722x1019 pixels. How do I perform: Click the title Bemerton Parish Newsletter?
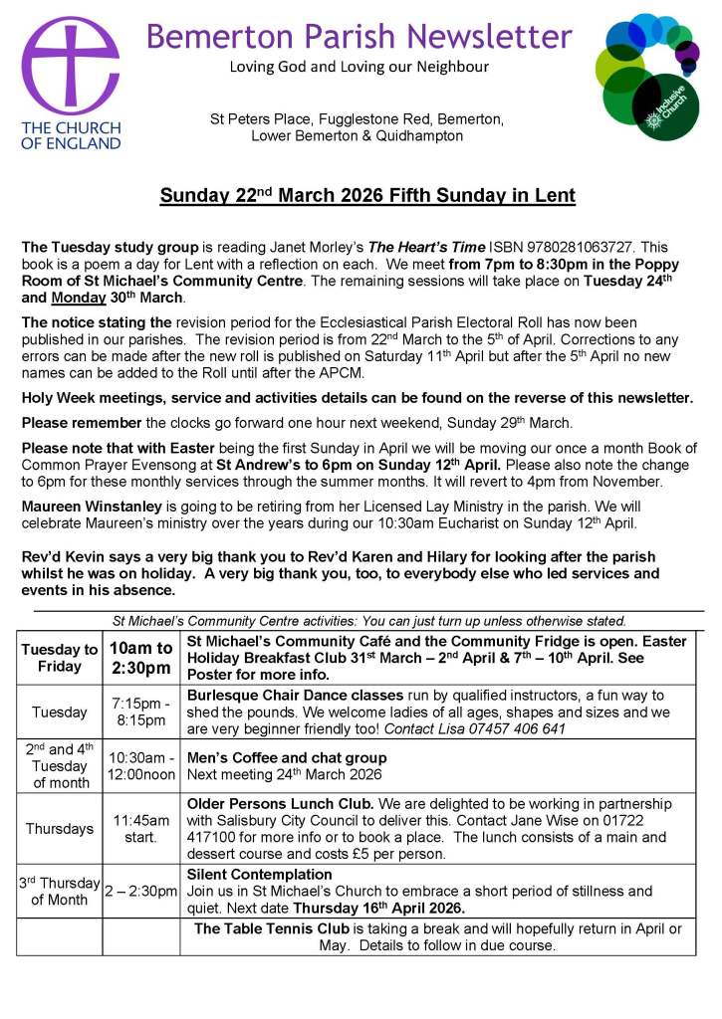click(359, 37)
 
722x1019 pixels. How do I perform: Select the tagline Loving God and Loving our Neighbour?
click(359, 67)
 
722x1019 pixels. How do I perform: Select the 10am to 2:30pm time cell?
click(140, 657)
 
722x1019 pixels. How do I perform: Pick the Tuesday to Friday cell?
click(60, 658)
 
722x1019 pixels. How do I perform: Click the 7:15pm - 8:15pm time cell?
click(139, 713)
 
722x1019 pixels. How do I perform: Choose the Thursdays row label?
click(60, 829)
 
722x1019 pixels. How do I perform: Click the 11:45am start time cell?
click(140, 828)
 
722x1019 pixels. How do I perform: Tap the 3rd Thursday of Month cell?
click(60, 891)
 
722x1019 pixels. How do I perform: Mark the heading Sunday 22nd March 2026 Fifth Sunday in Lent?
click(367, 196)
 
